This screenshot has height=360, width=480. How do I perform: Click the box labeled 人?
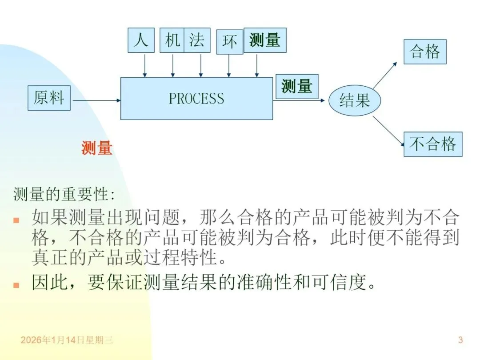141,40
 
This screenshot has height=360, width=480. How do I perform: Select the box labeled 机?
172,40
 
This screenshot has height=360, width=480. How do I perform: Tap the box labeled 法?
197,40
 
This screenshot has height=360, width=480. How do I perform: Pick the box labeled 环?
230,42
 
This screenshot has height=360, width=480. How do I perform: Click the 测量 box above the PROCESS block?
265,40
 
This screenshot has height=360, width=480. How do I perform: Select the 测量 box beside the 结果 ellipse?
297,86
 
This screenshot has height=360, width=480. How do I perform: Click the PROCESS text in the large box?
196,98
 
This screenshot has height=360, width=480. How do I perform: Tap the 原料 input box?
49,98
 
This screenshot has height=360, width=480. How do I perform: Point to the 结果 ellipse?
355,100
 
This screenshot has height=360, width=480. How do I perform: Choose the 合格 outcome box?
424,52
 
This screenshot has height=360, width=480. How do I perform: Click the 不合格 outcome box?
432,144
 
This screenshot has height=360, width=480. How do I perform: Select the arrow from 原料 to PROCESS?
96,100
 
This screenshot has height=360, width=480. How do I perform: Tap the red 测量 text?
97,148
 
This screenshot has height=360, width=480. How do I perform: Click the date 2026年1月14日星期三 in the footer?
67,340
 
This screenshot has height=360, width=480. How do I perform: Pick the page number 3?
460,340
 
